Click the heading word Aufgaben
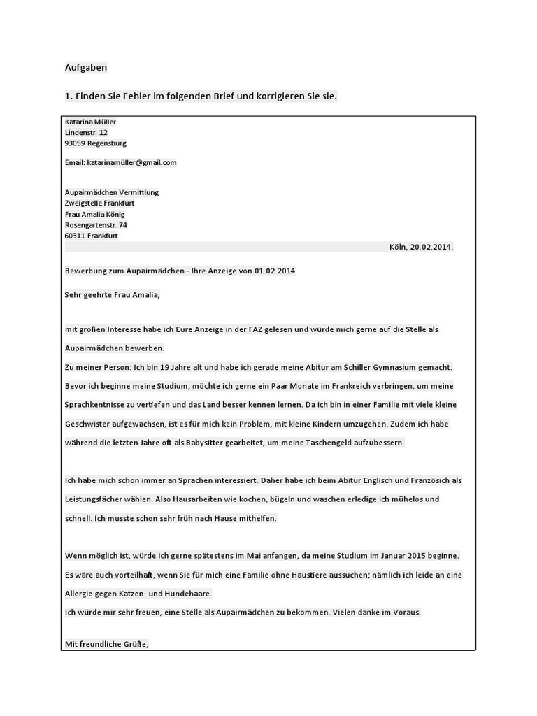tap(85, 68)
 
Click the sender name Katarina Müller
tap(90, 122)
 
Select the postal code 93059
tap(75, 143)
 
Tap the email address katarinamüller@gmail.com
tap(131, 162)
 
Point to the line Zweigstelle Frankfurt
tap(99, 203)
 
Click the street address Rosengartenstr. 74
tap(96, 225)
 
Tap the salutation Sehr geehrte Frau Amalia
tap(112, 294)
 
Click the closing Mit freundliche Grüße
tap(106, 643)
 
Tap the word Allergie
tap(80, 594)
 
